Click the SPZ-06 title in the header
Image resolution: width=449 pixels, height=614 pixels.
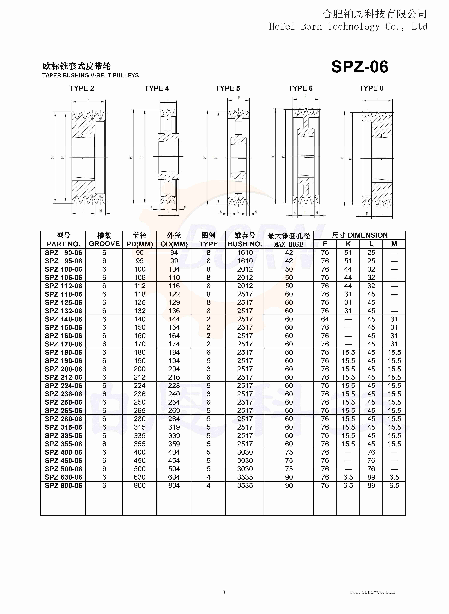(360, 67)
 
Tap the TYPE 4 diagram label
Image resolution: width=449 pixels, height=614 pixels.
(157, 88)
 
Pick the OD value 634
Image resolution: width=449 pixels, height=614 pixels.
(174, 477)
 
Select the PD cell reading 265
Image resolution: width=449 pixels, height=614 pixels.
(140, 411)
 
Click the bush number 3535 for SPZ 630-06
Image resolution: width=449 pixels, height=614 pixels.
(245, 477)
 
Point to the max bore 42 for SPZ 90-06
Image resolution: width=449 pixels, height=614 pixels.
(289, 253)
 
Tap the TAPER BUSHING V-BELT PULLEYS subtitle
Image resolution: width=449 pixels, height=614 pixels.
(90, 75)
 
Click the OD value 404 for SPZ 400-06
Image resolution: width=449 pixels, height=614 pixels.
(174, 452)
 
